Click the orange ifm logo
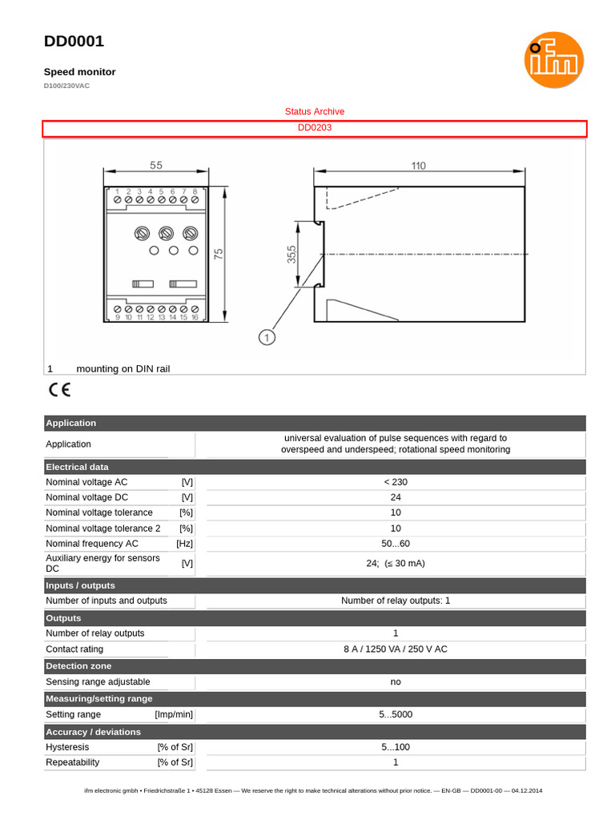point(553,60)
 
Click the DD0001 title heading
point(74,42)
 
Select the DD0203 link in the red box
point(315,128)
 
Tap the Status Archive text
point(315,111)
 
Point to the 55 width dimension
point(155,166)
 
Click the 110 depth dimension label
point(418,166)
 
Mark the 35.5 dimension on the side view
point(291,254)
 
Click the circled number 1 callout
point(267,337)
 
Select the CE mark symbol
point(59,390)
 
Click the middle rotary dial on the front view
point(166,233)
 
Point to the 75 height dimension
point(219,254)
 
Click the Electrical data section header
point(78,467)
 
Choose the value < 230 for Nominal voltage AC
point(395,482)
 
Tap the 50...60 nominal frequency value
point(395,544)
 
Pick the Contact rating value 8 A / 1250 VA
point(395,649)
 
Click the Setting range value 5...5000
point(395,714)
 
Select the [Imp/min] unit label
point(174,714)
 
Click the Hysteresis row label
point(67,747)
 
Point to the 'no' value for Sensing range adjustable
point(395,681)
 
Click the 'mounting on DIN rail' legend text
point(123,368)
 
